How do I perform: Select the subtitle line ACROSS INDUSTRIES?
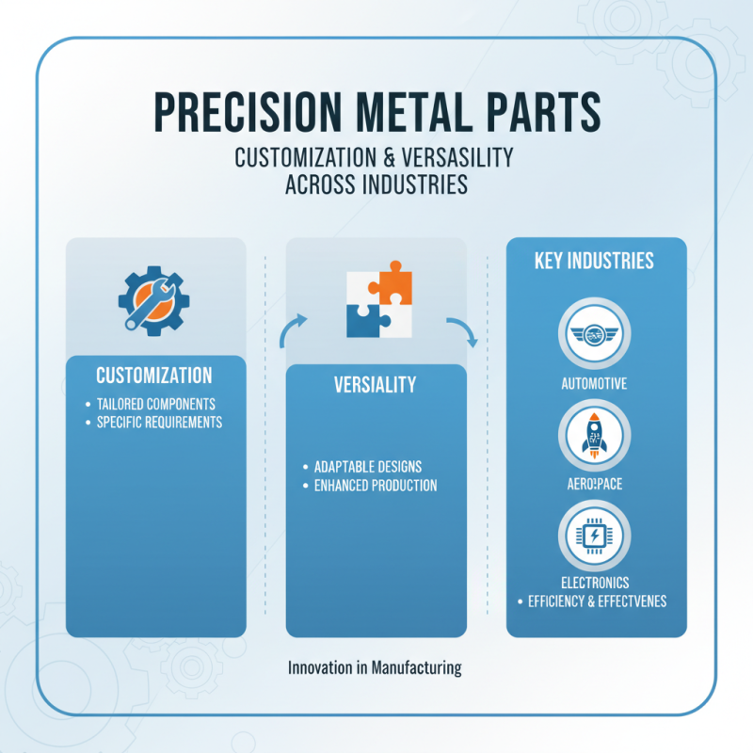pos(376,184)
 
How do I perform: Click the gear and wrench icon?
pos(153,299)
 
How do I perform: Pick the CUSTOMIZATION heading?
pos(154,375)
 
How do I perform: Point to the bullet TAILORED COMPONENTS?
pos(156,404)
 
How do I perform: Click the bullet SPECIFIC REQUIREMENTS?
pos(160,423)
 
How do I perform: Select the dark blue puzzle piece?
pos(363,319)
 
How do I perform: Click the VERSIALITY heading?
pos(376,386)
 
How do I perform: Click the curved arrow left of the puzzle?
pos(293,329)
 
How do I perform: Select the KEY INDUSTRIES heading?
pos(594,261)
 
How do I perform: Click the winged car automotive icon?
pos(594,334)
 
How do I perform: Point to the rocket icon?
pos(594,436)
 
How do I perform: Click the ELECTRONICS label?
pos(594,583)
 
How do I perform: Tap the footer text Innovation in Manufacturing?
pos(375,668)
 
